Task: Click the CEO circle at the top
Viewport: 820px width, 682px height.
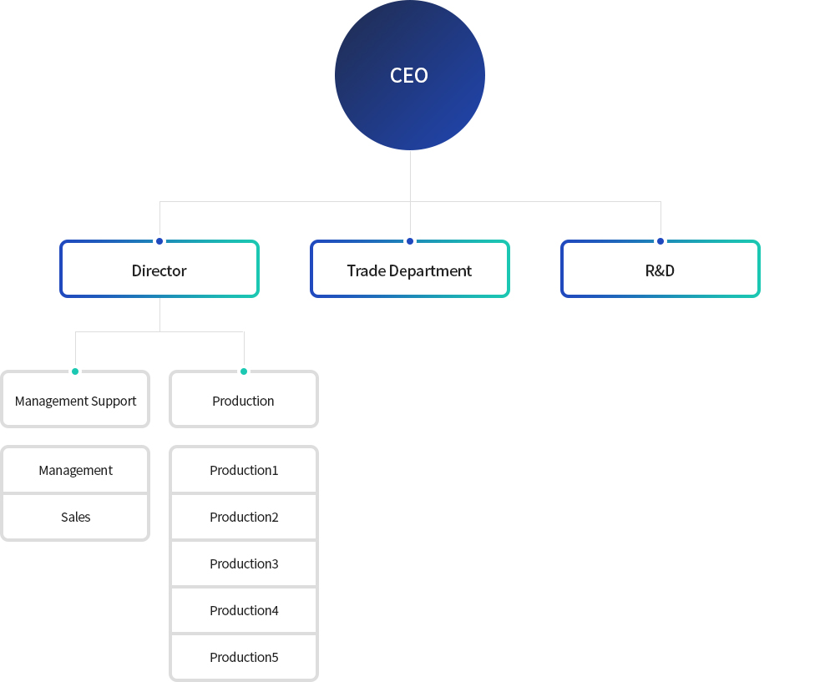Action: pos(409,75)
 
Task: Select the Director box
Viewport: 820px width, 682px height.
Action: pos(159,270)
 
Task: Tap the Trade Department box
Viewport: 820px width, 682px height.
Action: pos(409,270)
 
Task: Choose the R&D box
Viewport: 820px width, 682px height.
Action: pos(660,270)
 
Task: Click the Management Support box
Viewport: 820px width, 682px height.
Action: pos(75,400)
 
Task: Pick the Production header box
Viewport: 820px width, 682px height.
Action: pos(243,400)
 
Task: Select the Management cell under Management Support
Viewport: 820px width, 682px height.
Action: pos(75,470)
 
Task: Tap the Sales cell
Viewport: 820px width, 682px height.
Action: pos(75,517)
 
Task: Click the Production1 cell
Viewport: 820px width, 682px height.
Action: pos(244,470)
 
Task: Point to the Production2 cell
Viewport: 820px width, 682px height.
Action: pos(244,517)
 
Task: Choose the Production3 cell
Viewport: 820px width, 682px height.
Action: pos(244,563)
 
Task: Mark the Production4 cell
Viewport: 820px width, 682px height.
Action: pos(244,610)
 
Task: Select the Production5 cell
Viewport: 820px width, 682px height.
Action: pos(244,657)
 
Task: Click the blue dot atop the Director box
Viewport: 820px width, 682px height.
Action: pos(159,241)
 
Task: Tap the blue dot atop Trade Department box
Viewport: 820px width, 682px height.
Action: pos(410,241)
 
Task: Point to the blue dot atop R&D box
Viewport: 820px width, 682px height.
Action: pos(661,241)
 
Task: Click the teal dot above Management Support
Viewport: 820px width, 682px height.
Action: pos(75,371)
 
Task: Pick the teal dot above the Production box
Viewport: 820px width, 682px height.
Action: pos(244,371)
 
